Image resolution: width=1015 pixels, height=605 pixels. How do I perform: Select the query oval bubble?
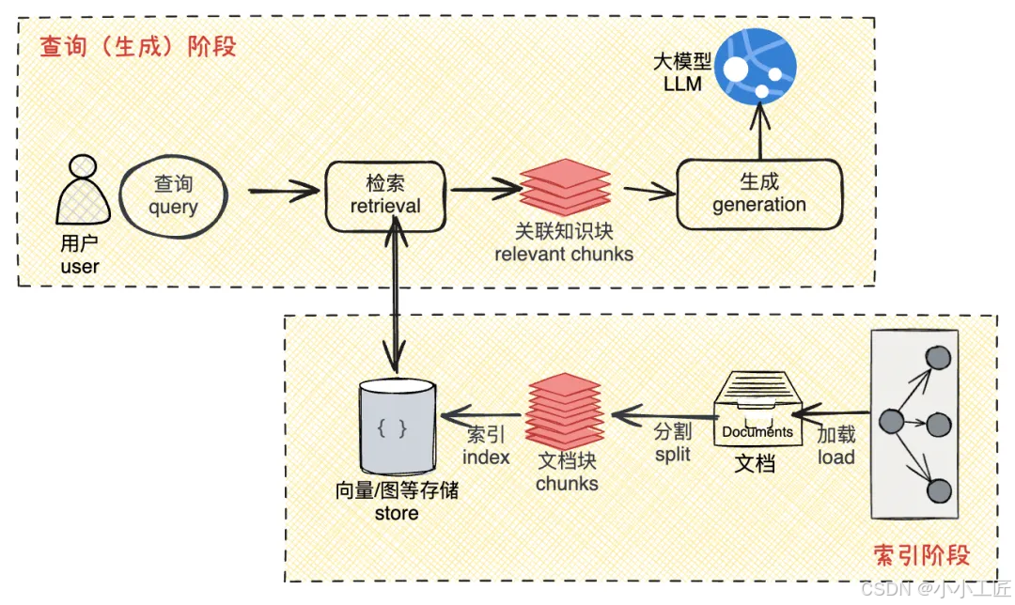point(174,195)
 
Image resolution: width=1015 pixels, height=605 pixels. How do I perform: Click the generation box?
point(758,194)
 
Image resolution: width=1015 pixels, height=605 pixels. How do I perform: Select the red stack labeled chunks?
point(564,411)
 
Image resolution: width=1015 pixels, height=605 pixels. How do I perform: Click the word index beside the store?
point(486,458)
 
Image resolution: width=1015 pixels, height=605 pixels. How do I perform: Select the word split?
point(672,454)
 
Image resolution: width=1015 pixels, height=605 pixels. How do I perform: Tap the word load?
point(835,458)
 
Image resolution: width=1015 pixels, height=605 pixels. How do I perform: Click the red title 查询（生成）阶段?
point(137,46)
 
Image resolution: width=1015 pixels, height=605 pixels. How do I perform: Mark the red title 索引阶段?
point(921,554)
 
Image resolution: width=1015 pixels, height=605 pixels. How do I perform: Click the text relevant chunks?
point(564,254)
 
